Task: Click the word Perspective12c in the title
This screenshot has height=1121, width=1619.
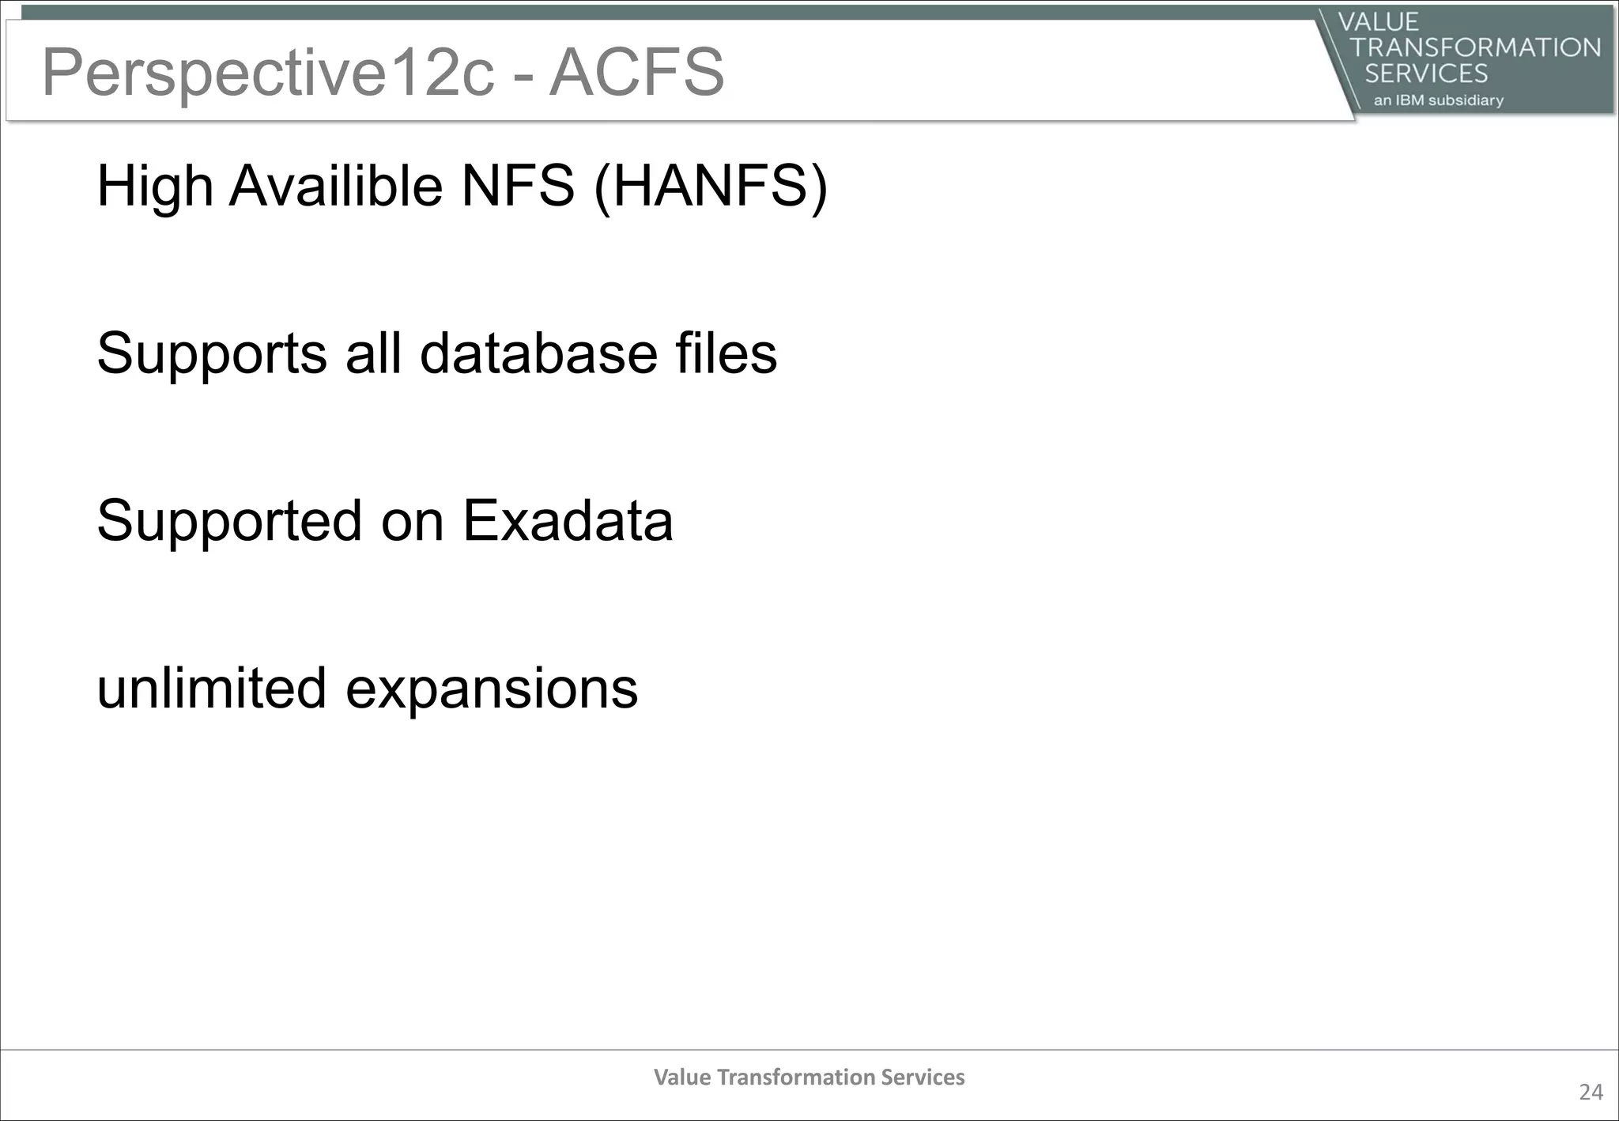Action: coord(269,73)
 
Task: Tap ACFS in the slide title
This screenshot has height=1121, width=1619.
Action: coord(636,73)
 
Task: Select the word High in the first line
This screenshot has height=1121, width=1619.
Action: coord(155,187)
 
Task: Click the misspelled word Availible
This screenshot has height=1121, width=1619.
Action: coord(336,187)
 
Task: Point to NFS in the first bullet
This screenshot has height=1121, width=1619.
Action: coord(518,187)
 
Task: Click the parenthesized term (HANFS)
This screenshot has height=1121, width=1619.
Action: coord(711,187)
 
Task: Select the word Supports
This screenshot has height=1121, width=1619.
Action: coord(212,353)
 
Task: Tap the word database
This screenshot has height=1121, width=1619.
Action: coord(538,353)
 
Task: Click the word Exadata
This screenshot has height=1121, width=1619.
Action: coord(568,521)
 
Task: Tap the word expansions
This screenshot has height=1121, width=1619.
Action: coord(492,689)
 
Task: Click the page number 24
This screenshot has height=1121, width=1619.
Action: coord(1591,1092)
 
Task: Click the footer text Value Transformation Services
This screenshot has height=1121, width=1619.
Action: coord(809,1077)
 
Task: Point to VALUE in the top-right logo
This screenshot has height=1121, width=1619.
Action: coord(1379,21)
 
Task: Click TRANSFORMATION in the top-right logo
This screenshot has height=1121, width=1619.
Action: coord(1475,47)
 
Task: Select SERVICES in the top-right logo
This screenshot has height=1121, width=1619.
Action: coord(1426,74)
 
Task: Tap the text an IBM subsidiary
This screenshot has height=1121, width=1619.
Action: coord(1438,100)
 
